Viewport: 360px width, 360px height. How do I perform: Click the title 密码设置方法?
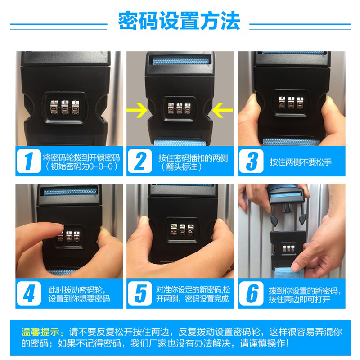point(179,21)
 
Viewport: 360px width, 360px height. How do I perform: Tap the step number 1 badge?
point(29,161)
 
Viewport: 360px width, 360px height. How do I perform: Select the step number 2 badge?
point(140,161)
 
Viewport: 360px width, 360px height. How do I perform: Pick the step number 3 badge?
point(252,161)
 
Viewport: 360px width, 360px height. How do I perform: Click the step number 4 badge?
point(29,293)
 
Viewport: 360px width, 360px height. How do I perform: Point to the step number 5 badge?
point(140,293)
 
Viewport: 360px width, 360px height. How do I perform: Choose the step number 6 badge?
point(252,293)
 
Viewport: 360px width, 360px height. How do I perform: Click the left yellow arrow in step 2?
point(137,110)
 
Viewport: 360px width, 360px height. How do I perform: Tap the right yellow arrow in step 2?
point(222,110)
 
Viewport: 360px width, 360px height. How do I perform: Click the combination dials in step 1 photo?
point(65,107)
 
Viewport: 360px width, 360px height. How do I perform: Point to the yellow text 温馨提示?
point(40,332)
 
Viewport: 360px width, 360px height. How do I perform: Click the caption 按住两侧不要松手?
point(301,162)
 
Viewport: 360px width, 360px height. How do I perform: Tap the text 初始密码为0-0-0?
point(81,166)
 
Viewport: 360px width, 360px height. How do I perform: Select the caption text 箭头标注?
point(181,167)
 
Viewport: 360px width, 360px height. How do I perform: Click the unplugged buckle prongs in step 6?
point(288,211)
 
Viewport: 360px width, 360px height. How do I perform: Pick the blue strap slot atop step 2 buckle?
point(181,60)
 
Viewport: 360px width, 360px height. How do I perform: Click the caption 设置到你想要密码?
point(79,299)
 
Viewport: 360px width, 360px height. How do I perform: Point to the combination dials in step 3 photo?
point(291,103)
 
